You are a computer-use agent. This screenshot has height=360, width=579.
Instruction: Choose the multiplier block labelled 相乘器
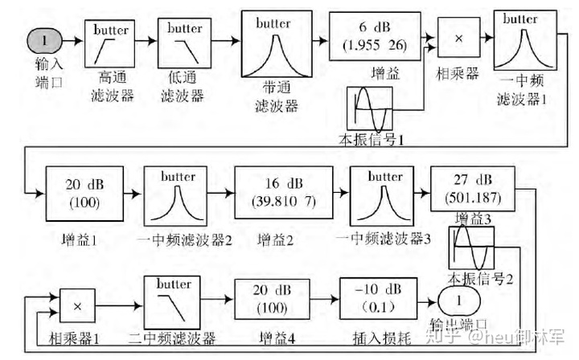click(458, 37)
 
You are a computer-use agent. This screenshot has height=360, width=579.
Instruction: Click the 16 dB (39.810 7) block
click(283, 191)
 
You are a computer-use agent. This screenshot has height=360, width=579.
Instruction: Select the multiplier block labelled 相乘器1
click(78, 306)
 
